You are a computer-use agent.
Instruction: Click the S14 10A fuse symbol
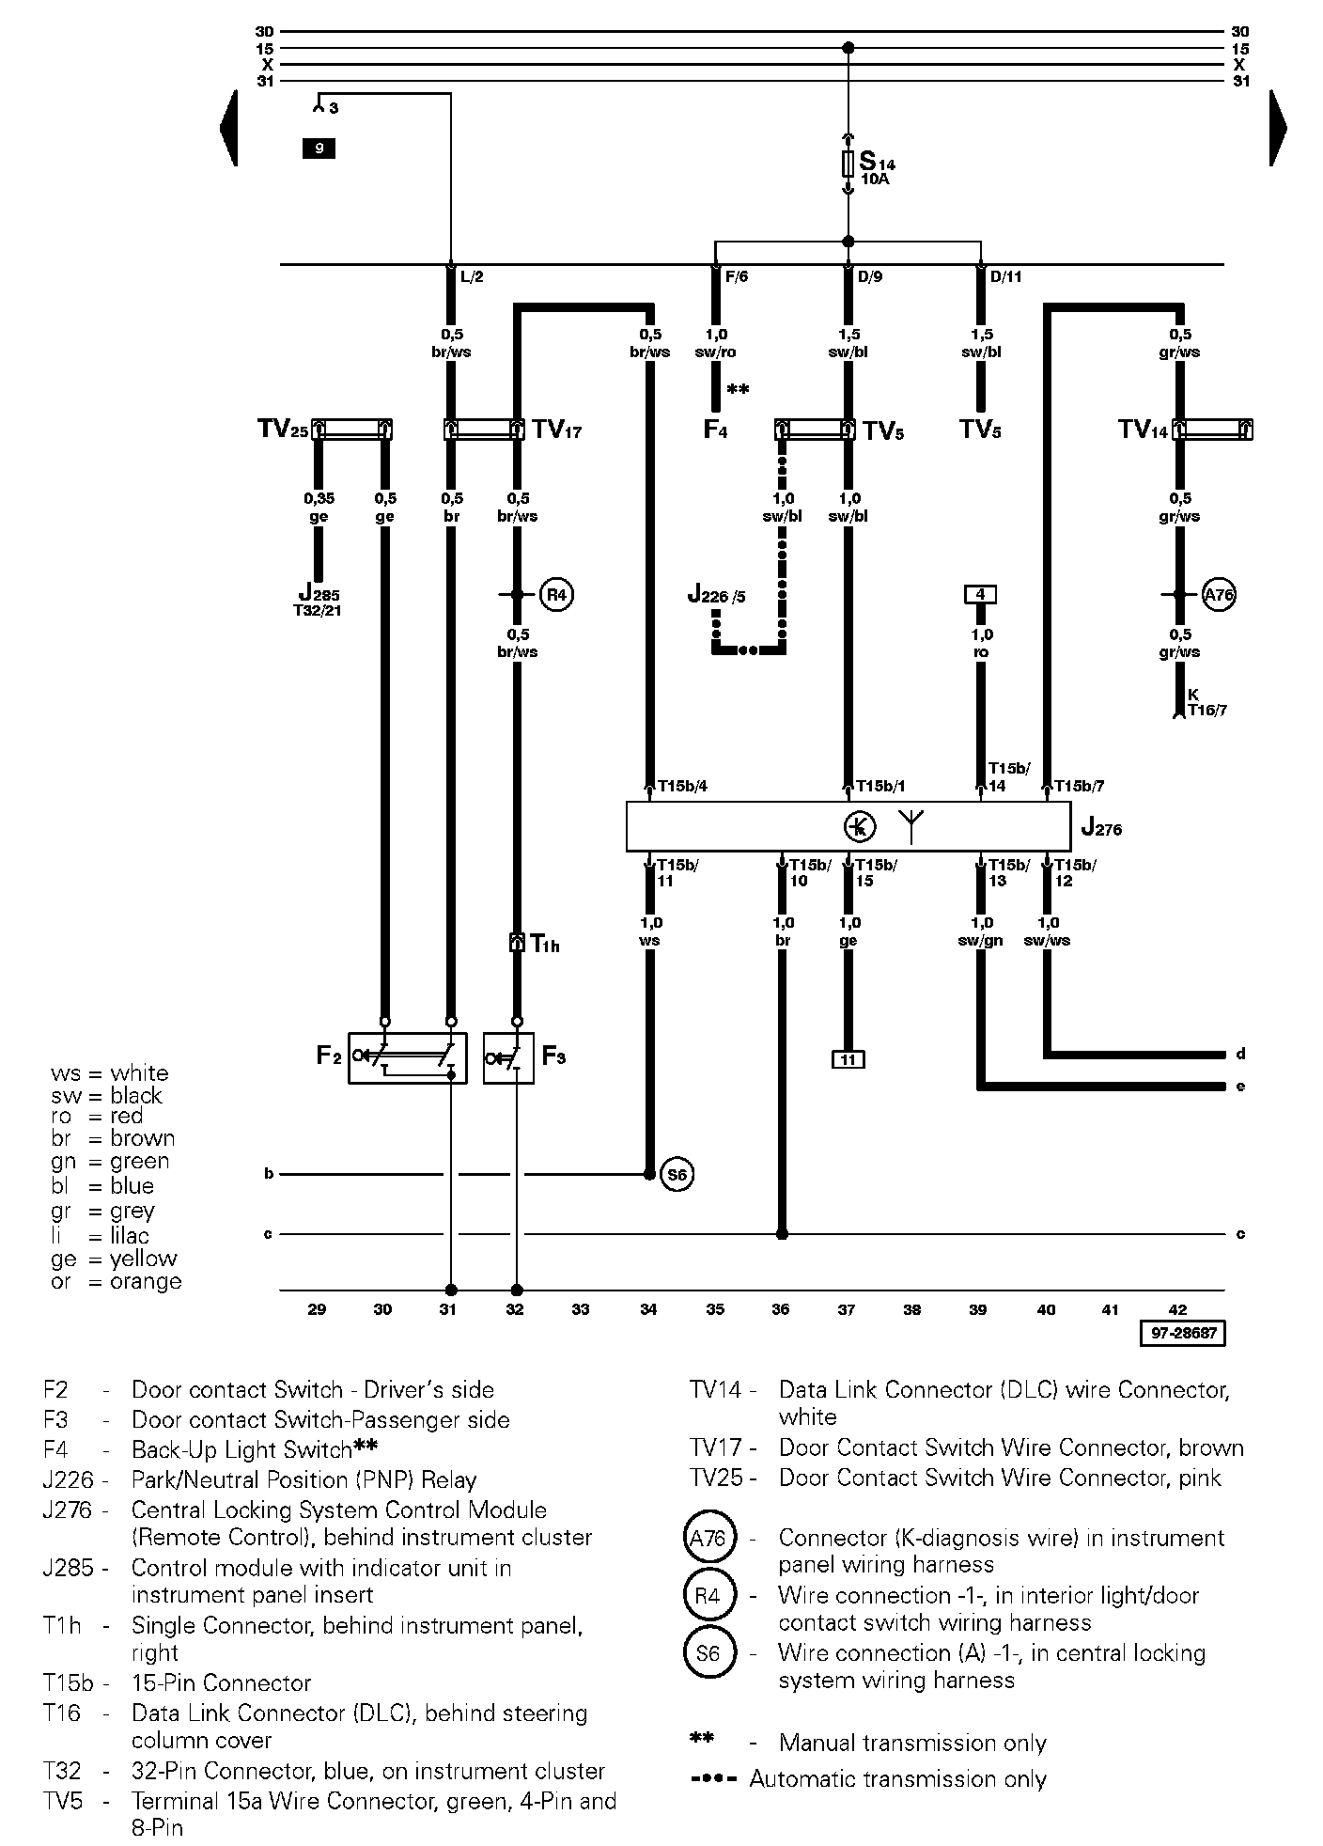(848, 164)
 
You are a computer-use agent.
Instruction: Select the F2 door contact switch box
(407, 1057)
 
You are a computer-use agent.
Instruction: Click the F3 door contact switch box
(508, 1057)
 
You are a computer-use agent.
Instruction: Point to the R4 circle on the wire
(557, 594)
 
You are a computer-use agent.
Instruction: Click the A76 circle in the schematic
(1219, 594)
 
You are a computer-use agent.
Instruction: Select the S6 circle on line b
(677, 1174)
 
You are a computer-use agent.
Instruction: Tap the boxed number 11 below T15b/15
(848, 1059)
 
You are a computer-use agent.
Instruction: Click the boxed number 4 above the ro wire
(980, 594)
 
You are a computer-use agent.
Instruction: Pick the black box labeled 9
(319, 148)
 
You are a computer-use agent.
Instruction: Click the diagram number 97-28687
(1183, 1333)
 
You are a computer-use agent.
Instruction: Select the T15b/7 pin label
(1079, 786)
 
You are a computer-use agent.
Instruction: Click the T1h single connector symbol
(516, 943)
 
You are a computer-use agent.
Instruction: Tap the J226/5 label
(717, 595)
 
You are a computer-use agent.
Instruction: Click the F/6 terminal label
(737, 277)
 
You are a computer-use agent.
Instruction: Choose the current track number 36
(781, 1309)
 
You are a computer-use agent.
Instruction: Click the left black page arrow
(227, 128)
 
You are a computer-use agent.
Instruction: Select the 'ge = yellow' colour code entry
(115, 1259)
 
